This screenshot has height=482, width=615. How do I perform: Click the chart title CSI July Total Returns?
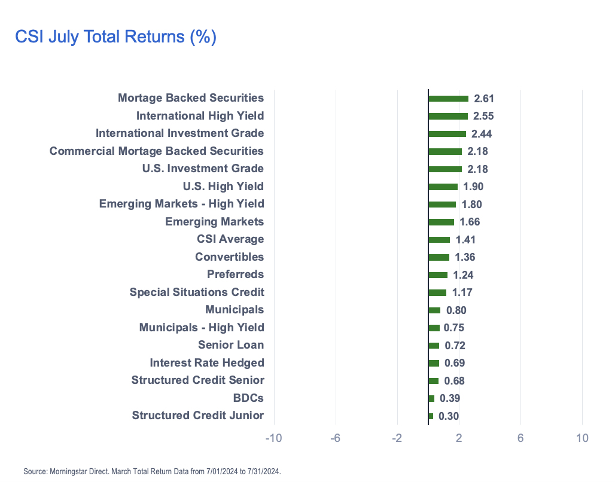(x=115, y=37)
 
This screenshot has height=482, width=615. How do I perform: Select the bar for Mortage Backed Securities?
(x=448, y=99)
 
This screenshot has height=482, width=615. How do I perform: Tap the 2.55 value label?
(x=483, y=116)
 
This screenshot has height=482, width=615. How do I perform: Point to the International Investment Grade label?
(x=179, y=133)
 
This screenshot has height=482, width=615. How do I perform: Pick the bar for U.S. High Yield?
(x=443, y=187)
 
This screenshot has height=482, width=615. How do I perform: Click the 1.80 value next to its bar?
(x=470, y=205)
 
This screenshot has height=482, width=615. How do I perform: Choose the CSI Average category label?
(x=230, y=239)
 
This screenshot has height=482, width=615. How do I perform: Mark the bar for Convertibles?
(x=439, y=257)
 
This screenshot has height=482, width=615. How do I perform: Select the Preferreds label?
(x=235, y=274)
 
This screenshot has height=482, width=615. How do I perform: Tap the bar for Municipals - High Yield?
(x=434, y=328)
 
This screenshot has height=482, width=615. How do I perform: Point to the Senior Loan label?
(x=231, y=345)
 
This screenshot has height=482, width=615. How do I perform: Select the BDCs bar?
(x=431, y=398)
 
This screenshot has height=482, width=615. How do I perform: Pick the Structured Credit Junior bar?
(x=431, y=416)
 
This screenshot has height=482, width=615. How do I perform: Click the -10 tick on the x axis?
(x=273, y=438)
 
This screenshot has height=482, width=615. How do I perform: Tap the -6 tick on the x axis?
(x=335, y=438)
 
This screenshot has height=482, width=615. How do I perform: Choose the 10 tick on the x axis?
(x=582, y=438)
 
